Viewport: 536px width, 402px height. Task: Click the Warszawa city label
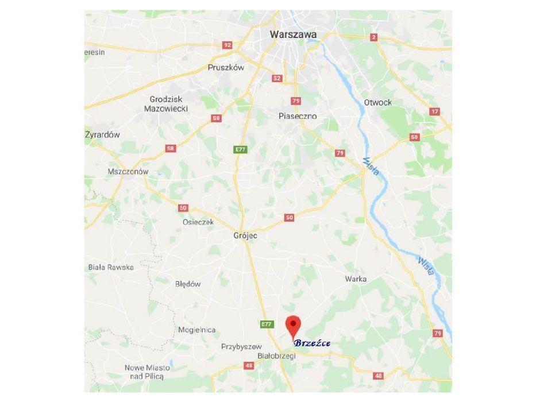coord(293,34)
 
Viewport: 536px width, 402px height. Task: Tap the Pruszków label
coord(226,67)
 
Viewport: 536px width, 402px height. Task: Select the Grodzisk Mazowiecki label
coord(166,103)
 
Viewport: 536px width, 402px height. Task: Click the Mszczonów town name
coord(128,171)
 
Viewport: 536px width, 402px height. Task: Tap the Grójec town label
coord(246,235)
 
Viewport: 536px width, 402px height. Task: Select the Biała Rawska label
coord(111,267)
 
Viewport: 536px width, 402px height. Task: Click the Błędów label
coord(188,284)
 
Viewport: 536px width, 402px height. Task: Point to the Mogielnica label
coord(196,330)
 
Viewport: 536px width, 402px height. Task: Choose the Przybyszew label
coord(241,346)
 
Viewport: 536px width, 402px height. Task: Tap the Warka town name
coord(356,279)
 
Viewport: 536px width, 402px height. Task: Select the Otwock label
coord(377,102)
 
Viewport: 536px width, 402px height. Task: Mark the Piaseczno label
coord(297,116)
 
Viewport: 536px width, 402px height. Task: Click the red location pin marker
coord(293,326)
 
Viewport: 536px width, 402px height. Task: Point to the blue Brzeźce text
coord(312,343)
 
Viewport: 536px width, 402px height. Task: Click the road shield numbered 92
coord(227,45)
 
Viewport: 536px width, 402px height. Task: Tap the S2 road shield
coord(277,78)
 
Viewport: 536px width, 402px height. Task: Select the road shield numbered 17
coord(434,111)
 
